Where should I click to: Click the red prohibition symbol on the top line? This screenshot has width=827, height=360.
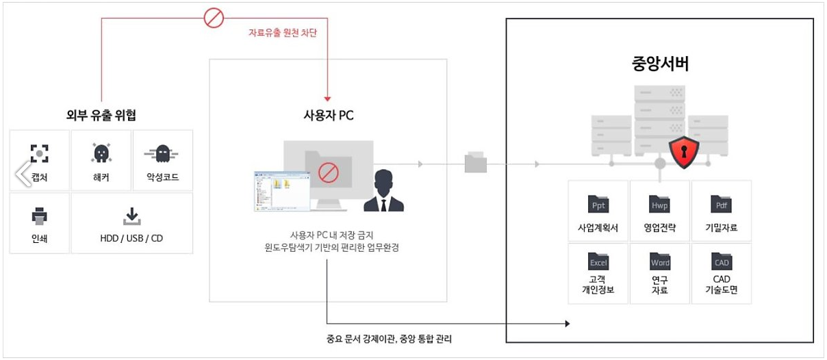pos(214,18)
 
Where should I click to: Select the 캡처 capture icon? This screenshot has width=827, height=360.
pos(40,153)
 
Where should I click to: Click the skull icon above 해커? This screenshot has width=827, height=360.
pos(101,153)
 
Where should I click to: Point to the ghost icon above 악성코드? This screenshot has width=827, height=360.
pos(162,153)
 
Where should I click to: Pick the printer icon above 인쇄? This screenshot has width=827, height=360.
pos(40,216)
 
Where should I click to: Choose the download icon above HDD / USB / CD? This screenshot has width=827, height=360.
pos(131,216)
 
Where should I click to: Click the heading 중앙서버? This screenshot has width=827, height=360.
pos(660,64)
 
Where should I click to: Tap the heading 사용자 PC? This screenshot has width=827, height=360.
pos(328,115)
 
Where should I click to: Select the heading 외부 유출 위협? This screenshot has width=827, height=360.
pos(102,114)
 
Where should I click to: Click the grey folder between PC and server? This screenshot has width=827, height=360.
pos(475,162)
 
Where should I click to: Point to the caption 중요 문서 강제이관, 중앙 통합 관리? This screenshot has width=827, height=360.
pos(390,338)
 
